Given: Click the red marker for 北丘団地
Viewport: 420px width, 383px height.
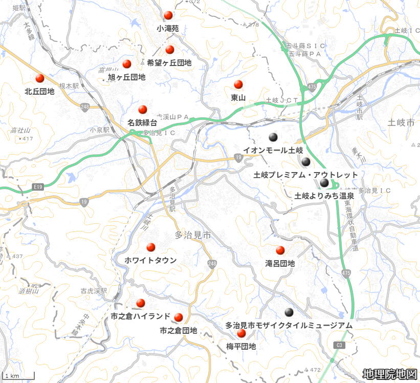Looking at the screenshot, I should point(40,79).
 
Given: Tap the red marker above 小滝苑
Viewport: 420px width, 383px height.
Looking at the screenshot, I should point(168,15).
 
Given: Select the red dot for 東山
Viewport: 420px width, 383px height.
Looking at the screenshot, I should point(238,84).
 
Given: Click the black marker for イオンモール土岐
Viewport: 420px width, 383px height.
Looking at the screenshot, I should point(273,137).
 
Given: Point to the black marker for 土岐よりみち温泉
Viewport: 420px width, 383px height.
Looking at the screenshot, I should point(324,183).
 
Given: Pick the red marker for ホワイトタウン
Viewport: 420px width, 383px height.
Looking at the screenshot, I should point(151,247).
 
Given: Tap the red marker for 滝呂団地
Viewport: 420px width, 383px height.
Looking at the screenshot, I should point(280,250).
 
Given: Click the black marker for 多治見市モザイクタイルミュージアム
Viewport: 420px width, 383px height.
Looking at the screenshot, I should point(289,312).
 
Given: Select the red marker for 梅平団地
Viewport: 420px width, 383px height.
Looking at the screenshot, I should point(241,333).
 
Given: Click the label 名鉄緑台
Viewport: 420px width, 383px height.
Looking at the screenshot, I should point(142,123).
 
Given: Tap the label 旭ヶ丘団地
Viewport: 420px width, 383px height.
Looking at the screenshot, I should point(126,77).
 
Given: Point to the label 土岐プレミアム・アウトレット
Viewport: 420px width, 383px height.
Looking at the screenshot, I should point(305,175).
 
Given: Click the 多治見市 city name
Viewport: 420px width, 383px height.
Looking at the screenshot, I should point(193,236).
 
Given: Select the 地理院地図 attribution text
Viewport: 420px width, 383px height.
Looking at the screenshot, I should point(389,374).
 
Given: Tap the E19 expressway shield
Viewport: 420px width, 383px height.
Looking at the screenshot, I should point(37,187).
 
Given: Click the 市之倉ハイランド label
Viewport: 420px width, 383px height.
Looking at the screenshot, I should point(140,316).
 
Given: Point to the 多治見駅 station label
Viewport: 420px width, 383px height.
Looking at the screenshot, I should point(173,201).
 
